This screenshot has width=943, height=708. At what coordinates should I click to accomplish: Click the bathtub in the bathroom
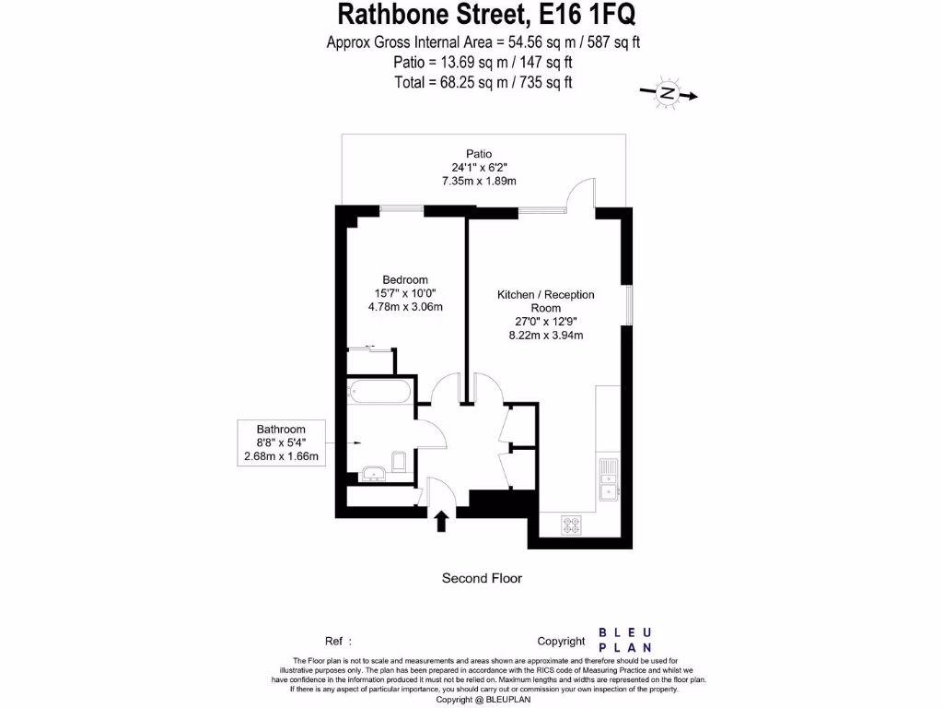[x=378, y=392]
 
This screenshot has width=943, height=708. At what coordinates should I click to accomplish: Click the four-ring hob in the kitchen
[x=573, y=525]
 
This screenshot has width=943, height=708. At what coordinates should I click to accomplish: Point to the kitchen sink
[x=608, y=479]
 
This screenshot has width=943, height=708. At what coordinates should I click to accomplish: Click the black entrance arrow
[x=441, y=522]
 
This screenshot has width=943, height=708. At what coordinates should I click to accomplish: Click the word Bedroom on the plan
[x=405, y=280]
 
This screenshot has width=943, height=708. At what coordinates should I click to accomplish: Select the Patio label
[x=479, y=154]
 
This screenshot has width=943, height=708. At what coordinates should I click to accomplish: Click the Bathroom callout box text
[x=281, y=442]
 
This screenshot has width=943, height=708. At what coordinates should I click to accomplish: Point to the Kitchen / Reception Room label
[x=546, y=301]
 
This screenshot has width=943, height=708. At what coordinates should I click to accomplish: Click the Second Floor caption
[x=482, y=578]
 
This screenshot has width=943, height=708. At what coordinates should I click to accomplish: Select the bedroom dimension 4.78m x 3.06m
[x=405, y=307]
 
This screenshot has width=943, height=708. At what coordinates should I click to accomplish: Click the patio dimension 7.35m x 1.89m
[x=479, y=181]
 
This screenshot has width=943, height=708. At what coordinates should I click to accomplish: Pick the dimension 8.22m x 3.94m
[x=546, y=336]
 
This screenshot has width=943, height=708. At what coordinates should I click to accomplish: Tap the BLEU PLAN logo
[x=626, y=640]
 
